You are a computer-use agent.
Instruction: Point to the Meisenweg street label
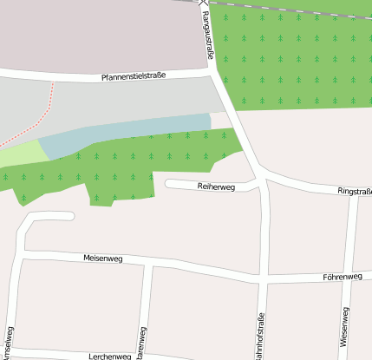(102, 259)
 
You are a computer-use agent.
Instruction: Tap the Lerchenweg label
(109, 356)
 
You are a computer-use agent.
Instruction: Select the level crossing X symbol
(204, 3)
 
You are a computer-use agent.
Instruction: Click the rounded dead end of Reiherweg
(170, 184)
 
